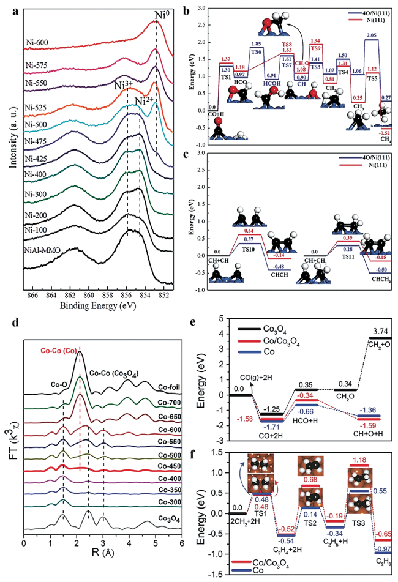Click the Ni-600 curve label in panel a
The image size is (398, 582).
coord(38,43)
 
